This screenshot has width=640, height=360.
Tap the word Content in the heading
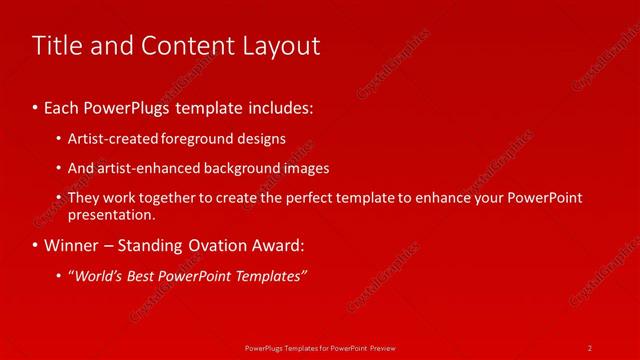(183, 46)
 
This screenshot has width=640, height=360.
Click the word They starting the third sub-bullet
(84, 198)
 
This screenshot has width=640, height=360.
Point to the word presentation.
(111, 214)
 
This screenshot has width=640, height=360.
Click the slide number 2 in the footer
(590, 347)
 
